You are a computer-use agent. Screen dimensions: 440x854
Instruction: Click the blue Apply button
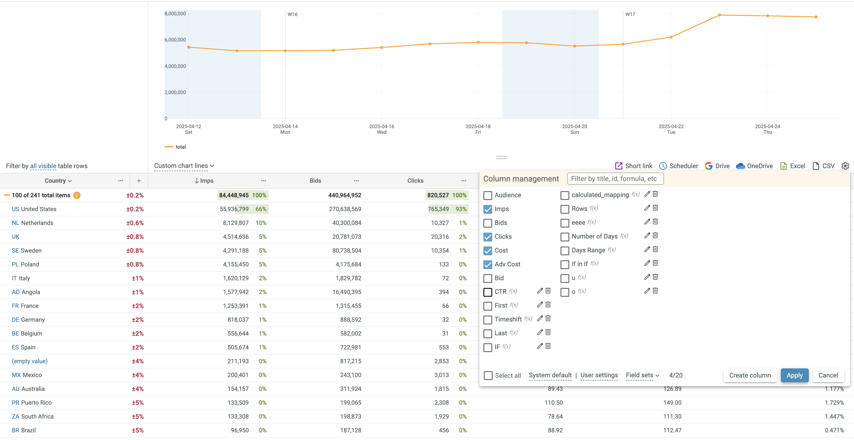794,375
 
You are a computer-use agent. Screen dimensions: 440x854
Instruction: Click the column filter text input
615,179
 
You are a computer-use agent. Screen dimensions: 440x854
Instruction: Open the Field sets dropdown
642,375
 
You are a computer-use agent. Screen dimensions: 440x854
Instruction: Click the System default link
550,375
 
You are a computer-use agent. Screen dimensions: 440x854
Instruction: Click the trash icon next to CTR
548,291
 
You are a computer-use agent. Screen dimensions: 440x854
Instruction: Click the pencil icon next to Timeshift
540,319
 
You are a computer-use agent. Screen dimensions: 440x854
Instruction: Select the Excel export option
793,166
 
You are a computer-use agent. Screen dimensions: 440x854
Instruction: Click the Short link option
634,166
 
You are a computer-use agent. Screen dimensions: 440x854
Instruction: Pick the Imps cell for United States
234,209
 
